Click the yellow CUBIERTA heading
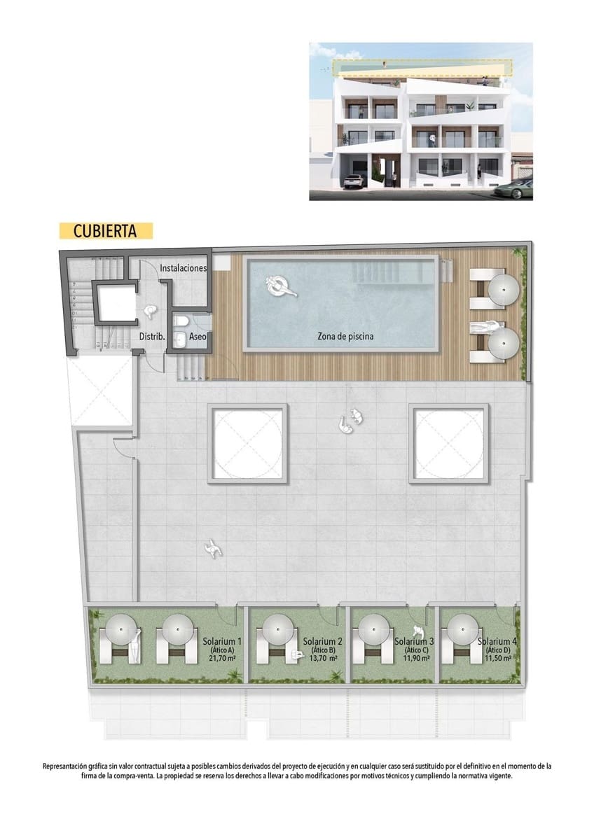(105, 230)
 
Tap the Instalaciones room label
(183, 268)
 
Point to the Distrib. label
(151, 337)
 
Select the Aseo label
(195, 337)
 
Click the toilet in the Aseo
(180, 321)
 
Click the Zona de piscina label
(345, 336)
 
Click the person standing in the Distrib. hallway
(149, 313)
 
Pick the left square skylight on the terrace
(248, 443)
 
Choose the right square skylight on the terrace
(449, 443)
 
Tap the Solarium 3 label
(414, 641)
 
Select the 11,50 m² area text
(498, 659)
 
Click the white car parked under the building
(354, 181)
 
